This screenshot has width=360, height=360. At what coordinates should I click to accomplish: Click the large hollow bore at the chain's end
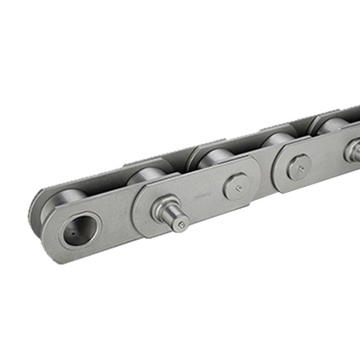click(x=76, y=230)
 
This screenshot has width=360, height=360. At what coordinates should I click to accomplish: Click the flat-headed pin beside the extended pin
click(x=235, y=186)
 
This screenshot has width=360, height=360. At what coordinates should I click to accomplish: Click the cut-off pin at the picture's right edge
click(x=353, y=151)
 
